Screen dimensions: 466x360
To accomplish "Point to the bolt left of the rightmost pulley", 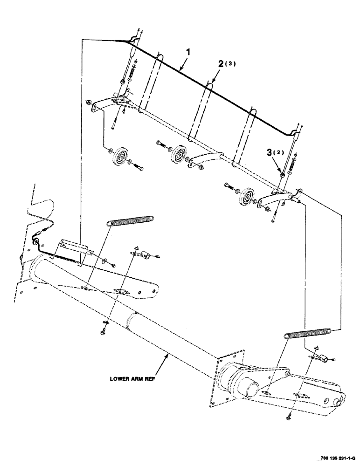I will [x=228, y=186].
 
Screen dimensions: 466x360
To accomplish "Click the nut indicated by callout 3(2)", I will [x=283, y=174].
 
